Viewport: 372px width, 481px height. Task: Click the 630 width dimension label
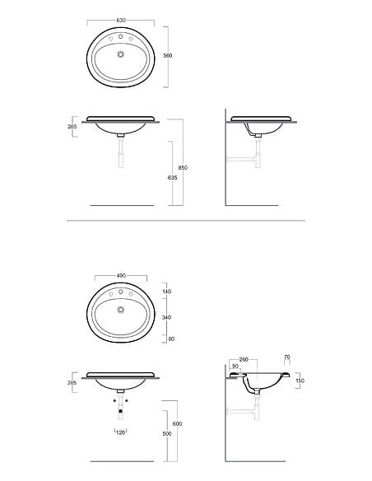[121, 21]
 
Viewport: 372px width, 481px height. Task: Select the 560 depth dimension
[168, 55]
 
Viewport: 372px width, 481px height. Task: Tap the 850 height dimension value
[183, 168]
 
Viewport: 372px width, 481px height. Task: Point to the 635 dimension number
[172, 178]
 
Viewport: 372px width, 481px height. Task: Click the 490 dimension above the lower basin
[121, 275]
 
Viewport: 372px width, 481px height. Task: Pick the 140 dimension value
[167, 292]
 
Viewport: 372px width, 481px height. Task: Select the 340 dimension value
[167, 317]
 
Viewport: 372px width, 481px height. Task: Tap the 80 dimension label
[171, 339]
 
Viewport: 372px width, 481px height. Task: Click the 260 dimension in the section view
[244, 360]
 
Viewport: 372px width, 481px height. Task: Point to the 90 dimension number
[235, 367]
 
